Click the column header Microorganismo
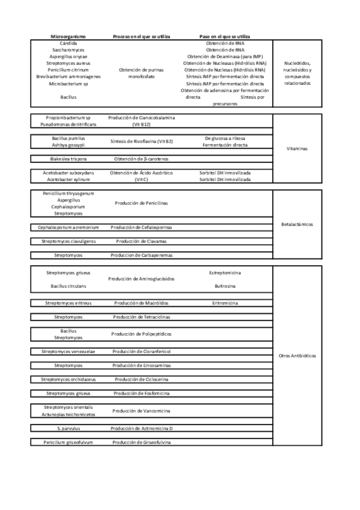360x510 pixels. [68, 37]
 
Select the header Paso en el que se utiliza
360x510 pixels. [225, 37]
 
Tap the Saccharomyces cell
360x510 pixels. [68, 50]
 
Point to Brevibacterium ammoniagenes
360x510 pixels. [68, 76]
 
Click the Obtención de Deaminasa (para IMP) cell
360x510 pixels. [225, 57]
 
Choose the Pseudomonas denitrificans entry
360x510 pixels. [68, 124]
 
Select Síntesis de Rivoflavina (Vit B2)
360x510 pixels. [141, 142]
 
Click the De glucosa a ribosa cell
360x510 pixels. [225, 138]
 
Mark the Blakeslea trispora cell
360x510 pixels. [68, 159]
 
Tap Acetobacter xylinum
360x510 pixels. [68, 179]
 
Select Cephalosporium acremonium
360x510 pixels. [68, 227]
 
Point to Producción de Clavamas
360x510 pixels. [141, 241]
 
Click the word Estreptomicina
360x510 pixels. [225, 272]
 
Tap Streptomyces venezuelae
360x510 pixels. [68, 351]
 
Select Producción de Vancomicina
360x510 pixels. [141, 411]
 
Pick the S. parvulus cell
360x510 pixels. [68, 428]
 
